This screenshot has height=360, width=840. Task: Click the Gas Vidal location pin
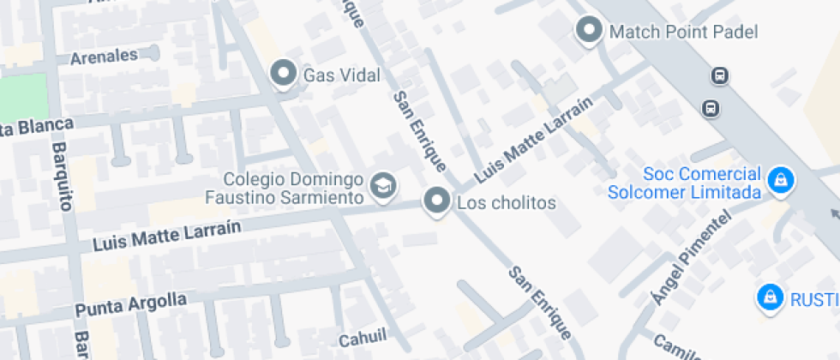283,74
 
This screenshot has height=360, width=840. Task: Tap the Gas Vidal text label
341,76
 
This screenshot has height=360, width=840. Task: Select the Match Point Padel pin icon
589,31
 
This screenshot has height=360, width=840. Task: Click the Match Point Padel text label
683,33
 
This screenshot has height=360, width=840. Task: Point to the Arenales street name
104,57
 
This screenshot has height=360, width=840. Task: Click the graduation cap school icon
382,184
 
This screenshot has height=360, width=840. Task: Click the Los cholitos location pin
438,202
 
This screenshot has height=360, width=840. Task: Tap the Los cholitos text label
507,204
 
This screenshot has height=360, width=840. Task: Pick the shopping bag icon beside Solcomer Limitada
780,180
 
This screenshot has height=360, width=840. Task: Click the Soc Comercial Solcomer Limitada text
685,183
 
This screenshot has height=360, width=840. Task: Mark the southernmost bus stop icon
710,108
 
